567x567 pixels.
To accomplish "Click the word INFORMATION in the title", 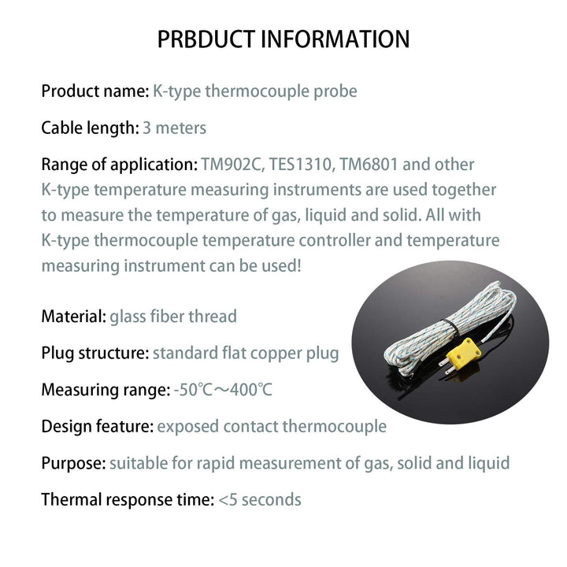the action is coord(335,39).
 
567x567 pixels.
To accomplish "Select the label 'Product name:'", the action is coord(95,91).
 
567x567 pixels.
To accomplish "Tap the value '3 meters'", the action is coord(175,128).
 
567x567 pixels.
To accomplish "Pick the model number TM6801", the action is coord(369,165).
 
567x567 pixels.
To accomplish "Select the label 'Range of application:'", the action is coord(120,165).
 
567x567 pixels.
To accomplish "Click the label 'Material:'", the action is coord(74,317).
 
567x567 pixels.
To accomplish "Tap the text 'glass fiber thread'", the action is coord(173,317).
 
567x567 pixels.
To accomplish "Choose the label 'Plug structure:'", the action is coord(95,354).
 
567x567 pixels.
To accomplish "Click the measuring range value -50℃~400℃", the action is coord(223,390).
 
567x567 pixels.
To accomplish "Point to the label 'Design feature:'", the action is coord(98,427).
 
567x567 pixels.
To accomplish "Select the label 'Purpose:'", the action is coord(73,464).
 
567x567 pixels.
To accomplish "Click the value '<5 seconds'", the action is coord(260,500).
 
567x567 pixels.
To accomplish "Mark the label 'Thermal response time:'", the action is coord(128,500).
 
